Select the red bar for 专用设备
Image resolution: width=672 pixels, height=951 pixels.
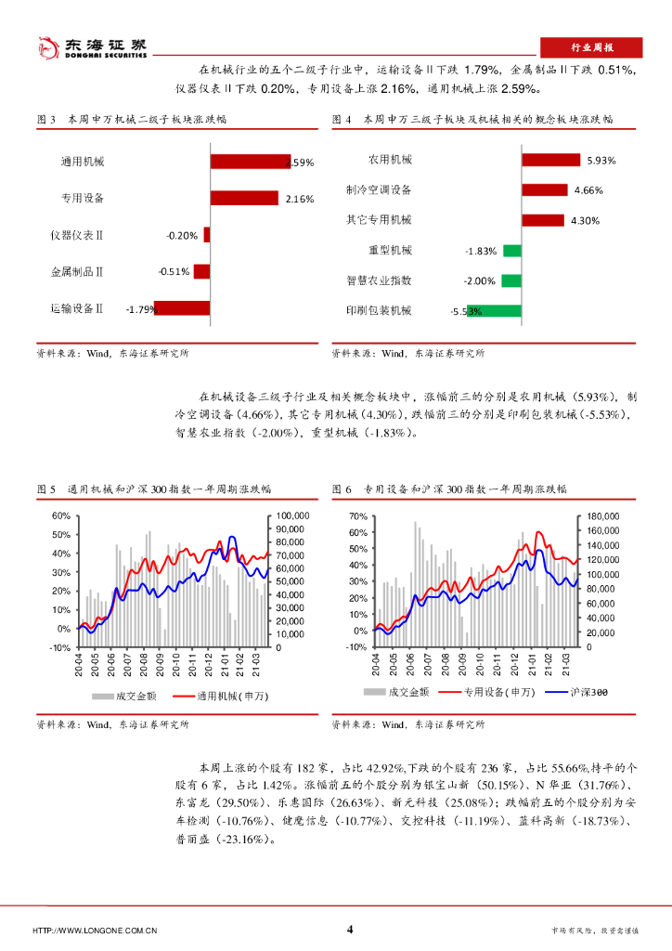click(x=244, y=198)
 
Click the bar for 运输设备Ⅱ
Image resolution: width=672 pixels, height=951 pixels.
click(x=182, y=308)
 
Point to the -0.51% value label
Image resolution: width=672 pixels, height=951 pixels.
click(x=174, y=272)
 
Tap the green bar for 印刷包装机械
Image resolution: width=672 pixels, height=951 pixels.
click(x=502, y=310)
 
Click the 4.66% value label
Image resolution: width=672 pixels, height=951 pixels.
click(x=588, y=190)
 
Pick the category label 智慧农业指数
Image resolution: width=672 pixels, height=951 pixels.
click(x=379, y=280)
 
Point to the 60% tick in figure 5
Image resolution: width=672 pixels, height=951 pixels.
click(x=60, y=515)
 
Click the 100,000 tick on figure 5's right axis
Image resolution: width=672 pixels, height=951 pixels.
click(x=293, y=515)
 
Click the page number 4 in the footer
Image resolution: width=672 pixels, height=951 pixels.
click(x=349, y=930)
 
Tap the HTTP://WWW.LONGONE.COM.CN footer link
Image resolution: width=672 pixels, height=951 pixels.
click(x=94, y=931)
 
